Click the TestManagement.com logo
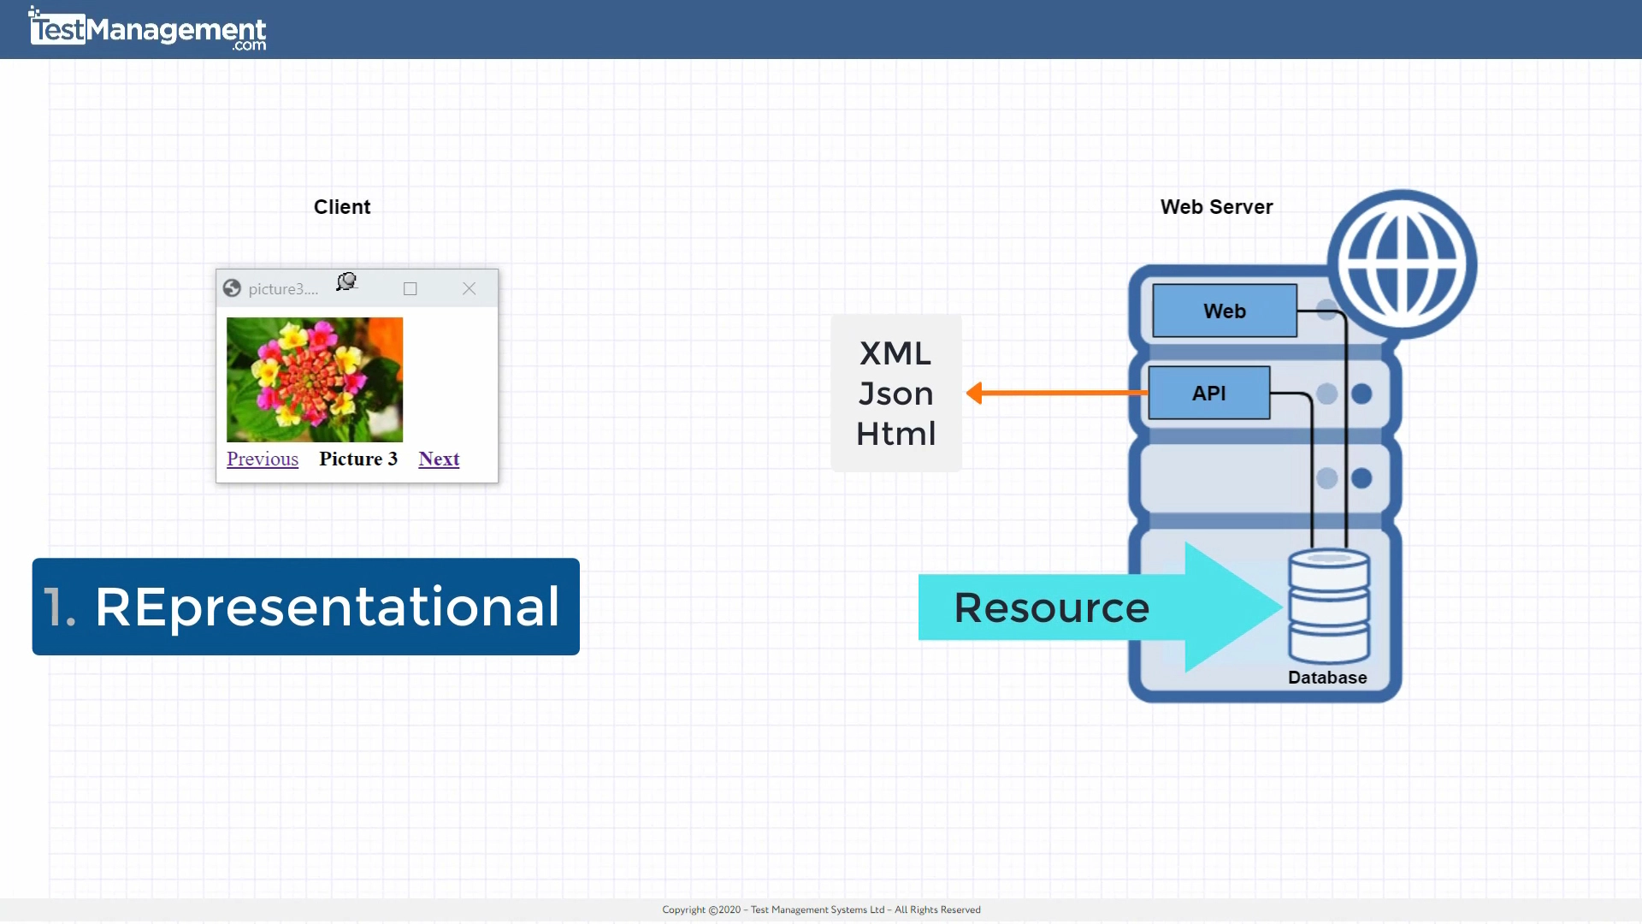coord(147,30)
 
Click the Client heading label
coord(342,207)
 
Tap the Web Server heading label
coord(1216,207)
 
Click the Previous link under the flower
coord(263,459)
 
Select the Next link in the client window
coord(439,459)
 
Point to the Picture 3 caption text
coord(358,459)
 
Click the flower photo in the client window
coord(315,379)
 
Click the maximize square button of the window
coord(410,289)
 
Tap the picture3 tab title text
coord(283,289)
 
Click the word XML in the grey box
coord(895,353)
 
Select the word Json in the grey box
coord(895,394)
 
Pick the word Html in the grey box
coord(895,434)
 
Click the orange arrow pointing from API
coord(1056,393)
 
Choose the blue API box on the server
coord(1208,393)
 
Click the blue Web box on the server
coord(1224,311)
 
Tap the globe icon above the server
coord(1402,264)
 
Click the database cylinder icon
coord(1329,607)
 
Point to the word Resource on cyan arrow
coord(1051,607)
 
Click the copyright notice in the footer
coord(821,909)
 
